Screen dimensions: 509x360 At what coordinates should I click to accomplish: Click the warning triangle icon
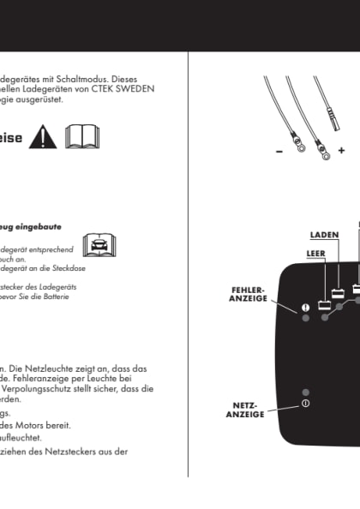[x=42, y=136]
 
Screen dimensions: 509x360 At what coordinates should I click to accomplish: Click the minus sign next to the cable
[x=279, y=152]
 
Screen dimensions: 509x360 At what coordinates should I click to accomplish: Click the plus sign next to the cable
[x=342, y=151]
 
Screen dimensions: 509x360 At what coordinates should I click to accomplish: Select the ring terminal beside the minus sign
[x=297, y=147]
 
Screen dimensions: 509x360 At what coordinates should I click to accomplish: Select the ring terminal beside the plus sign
[x=324, y=155]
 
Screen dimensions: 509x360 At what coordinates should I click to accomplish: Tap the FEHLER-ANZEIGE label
[x=249, y=294]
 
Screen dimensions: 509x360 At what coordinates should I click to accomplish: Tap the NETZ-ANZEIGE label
[x=243, y=409]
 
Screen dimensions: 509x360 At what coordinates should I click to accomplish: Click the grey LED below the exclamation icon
[x=305, y=319]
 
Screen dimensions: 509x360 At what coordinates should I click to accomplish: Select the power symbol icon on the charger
[x=305, y=403]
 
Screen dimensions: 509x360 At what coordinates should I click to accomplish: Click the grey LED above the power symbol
[x=305, y=392]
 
